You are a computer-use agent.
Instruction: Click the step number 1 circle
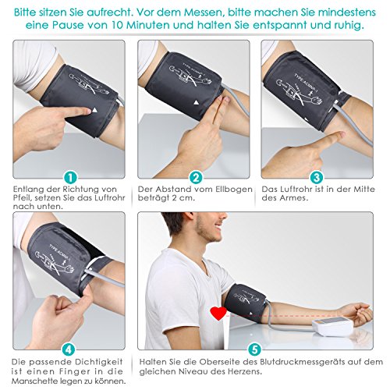pos(71,178)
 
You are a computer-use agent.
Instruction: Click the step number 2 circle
pos(196,178)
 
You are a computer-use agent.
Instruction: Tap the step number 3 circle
pos(317,178)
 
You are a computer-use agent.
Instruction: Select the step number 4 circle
pos(69,349)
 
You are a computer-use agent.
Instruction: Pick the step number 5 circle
pos(254,349)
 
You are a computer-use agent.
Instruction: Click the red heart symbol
pos(218,314)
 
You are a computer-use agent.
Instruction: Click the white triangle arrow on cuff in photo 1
pos(95,110)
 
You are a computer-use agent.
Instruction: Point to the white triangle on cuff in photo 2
pos(196,102)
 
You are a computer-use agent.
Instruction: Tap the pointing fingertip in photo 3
pos(341,135)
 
